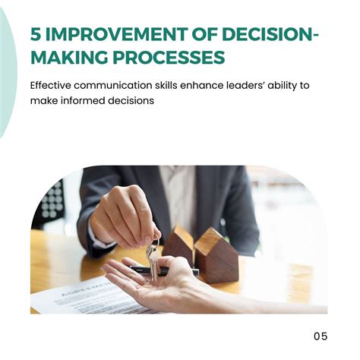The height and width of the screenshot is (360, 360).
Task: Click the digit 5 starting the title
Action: [x=36, y=34]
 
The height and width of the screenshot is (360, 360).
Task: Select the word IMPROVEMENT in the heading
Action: [x=116, y=34]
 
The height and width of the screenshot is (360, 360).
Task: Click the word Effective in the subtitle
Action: [x=51, y=85]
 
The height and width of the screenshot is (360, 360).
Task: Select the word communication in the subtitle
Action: [x=113, y=85]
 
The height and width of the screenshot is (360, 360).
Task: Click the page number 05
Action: [x=321, y=336]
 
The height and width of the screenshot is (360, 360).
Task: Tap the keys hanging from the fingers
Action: [x=153, y=261]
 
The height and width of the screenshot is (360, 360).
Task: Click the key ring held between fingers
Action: [x=156, y=241]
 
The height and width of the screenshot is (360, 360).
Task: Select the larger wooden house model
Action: [x=216, y=255]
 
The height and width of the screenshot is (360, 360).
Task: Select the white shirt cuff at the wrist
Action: [x=100, y=237]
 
